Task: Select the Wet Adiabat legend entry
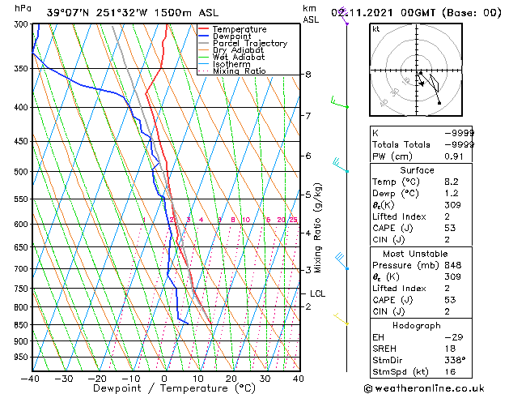point(240,57)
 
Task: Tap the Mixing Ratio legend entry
point(240,71)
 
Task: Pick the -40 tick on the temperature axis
point(31,379)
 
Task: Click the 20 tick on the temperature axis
point(231,379)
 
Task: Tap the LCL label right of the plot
point(317,293)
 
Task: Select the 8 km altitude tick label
point(308,75)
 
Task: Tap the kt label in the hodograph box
point(375,28)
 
